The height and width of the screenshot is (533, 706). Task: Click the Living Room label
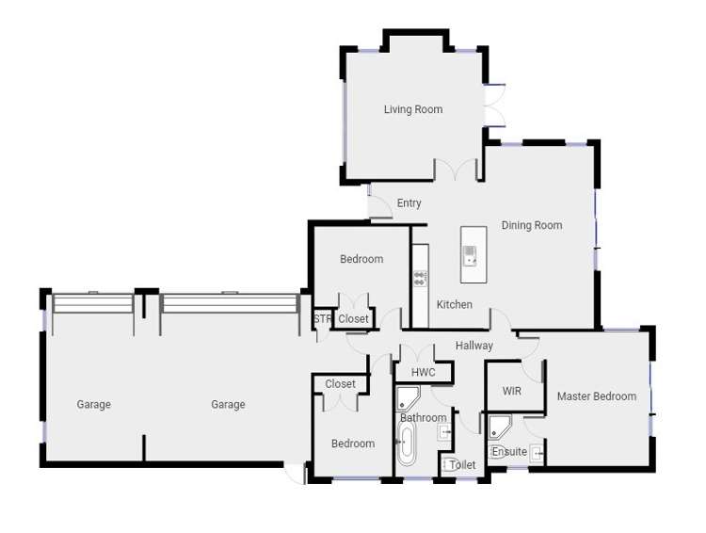pos(412,110)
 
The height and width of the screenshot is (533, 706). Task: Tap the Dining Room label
pos(532,225)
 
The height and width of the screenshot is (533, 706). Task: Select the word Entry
pos(409,203)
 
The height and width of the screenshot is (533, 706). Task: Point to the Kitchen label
pos(455,304)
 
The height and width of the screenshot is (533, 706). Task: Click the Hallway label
pos(474,346)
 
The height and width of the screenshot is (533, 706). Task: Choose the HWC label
pos(423,372)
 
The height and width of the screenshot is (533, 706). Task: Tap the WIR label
pos(512,391)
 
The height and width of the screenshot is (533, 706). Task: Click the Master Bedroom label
pos(597,396)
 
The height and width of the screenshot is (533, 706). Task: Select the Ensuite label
pos(509,452)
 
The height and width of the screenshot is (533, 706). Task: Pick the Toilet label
pos(462,465)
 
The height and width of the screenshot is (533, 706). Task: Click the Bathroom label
pos(423,417)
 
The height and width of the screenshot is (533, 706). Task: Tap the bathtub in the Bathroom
pos(407,443)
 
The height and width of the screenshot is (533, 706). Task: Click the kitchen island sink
pos(470,253)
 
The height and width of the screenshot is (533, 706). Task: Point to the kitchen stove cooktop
pos(420,278)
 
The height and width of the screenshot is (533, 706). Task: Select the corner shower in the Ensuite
pos(499,425)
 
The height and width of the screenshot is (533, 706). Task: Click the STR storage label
pos(323,319)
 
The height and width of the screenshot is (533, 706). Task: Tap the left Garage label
pos(93,405)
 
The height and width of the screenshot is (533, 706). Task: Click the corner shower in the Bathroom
pos(407,397)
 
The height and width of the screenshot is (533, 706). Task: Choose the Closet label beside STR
pos(354,319)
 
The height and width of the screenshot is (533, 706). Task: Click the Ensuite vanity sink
pos(538,453)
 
